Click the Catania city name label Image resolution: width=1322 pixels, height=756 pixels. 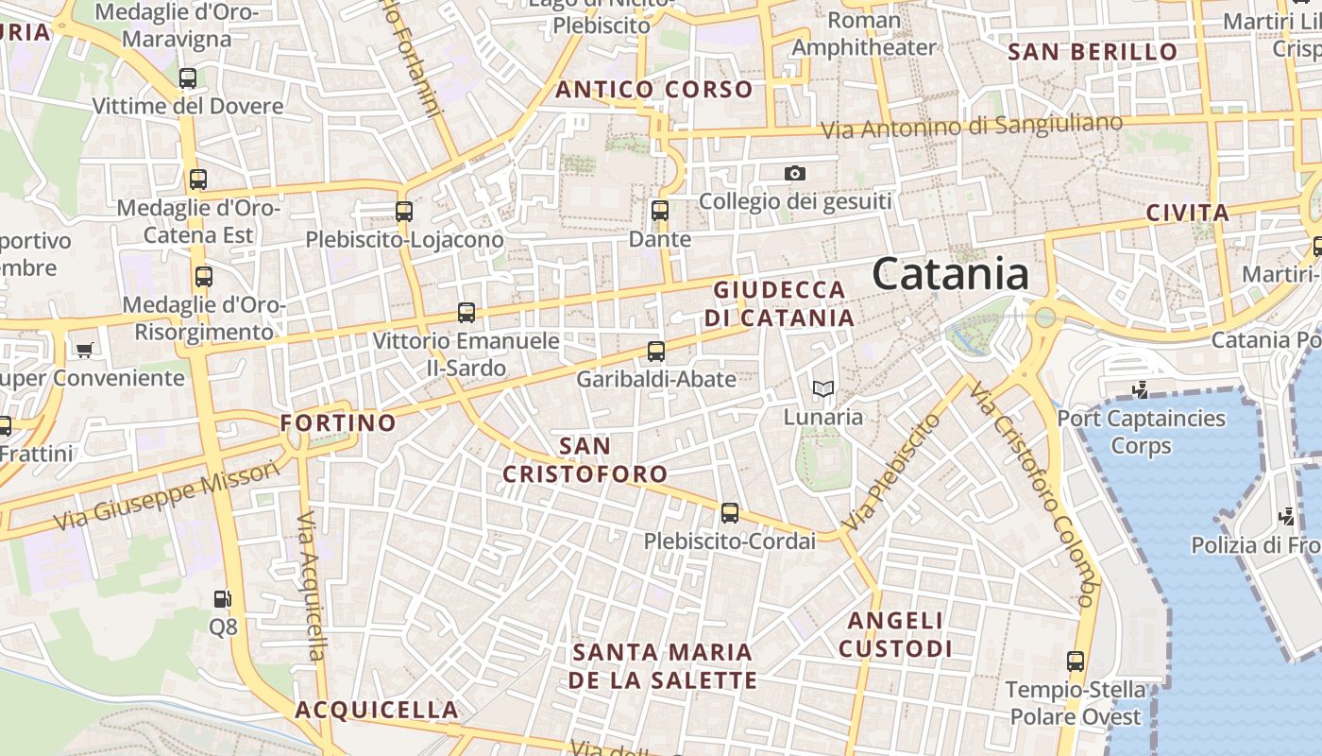click(x=950, y=274)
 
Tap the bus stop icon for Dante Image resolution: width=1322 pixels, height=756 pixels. click(x=660, y=211)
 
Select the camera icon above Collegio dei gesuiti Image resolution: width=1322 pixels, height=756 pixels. click(x=795, y=173)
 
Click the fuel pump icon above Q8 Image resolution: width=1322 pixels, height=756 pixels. click(x=223, y=598)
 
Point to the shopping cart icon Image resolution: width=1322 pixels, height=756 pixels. click(x=84, y=350)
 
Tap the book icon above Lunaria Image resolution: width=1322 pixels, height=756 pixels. click(x=823, y=388)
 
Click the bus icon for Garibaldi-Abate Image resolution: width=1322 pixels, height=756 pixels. click(x=656, y=352)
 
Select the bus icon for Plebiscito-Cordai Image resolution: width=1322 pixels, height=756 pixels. click(x=729, y=513)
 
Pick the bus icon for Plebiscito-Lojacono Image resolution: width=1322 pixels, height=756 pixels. click(x=404, y=212)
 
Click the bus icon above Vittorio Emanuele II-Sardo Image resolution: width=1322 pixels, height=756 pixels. click(x=466, y=312)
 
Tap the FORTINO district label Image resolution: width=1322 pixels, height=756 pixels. click(x=338, y=422)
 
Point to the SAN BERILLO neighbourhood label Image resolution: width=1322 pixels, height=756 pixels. click(x=1093, y=52)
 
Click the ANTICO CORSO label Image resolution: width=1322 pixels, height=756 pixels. click(x=653, y=90)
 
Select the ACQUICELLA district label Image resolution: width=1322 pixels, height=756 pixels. click(x=376, y=710)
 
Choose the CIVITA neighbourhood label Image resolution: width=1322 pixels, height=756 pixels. click(x=1187, y=213)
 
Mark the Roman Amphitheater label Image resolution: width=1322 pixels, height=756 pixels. click(x=864, y=33)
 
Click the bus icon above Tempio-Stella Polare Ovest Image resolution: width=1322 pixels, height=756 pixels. click(x=1075, y=661)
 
